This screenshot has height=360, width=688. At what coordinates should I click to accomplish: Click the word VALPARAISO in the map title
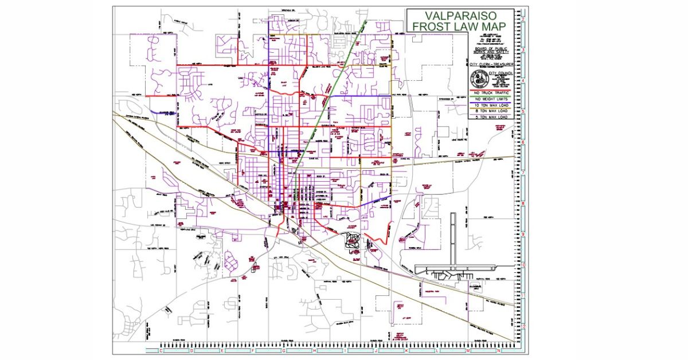coord(459,15)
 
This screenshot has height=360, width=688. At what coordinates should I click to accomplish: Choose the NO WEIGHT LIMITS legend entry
coord(491,99)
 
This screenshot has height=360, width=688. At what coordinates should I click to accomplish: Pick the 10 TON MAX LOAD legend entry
coord(491,105)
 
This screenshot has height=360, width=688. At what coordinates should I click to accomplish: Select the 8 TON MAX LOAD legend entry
coord(491,111)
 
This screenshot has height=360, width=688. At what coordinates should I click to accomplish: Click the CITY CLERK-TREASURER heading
coord(491,65)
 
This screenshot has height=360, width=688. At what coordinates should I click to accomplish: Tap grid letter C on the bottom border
coord(161,350)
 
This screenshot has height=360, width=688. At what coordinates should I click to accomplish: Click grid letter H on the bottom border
coord(314,350)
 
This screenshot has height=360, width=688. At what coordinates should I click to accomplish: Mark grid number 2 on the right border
coord(523,19)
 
